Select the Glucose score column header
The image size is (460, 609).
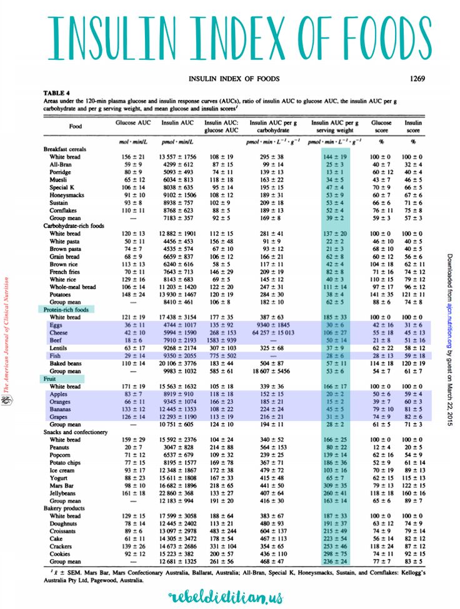point(381,126)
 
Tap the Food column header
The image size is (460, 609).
point(76,126)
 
